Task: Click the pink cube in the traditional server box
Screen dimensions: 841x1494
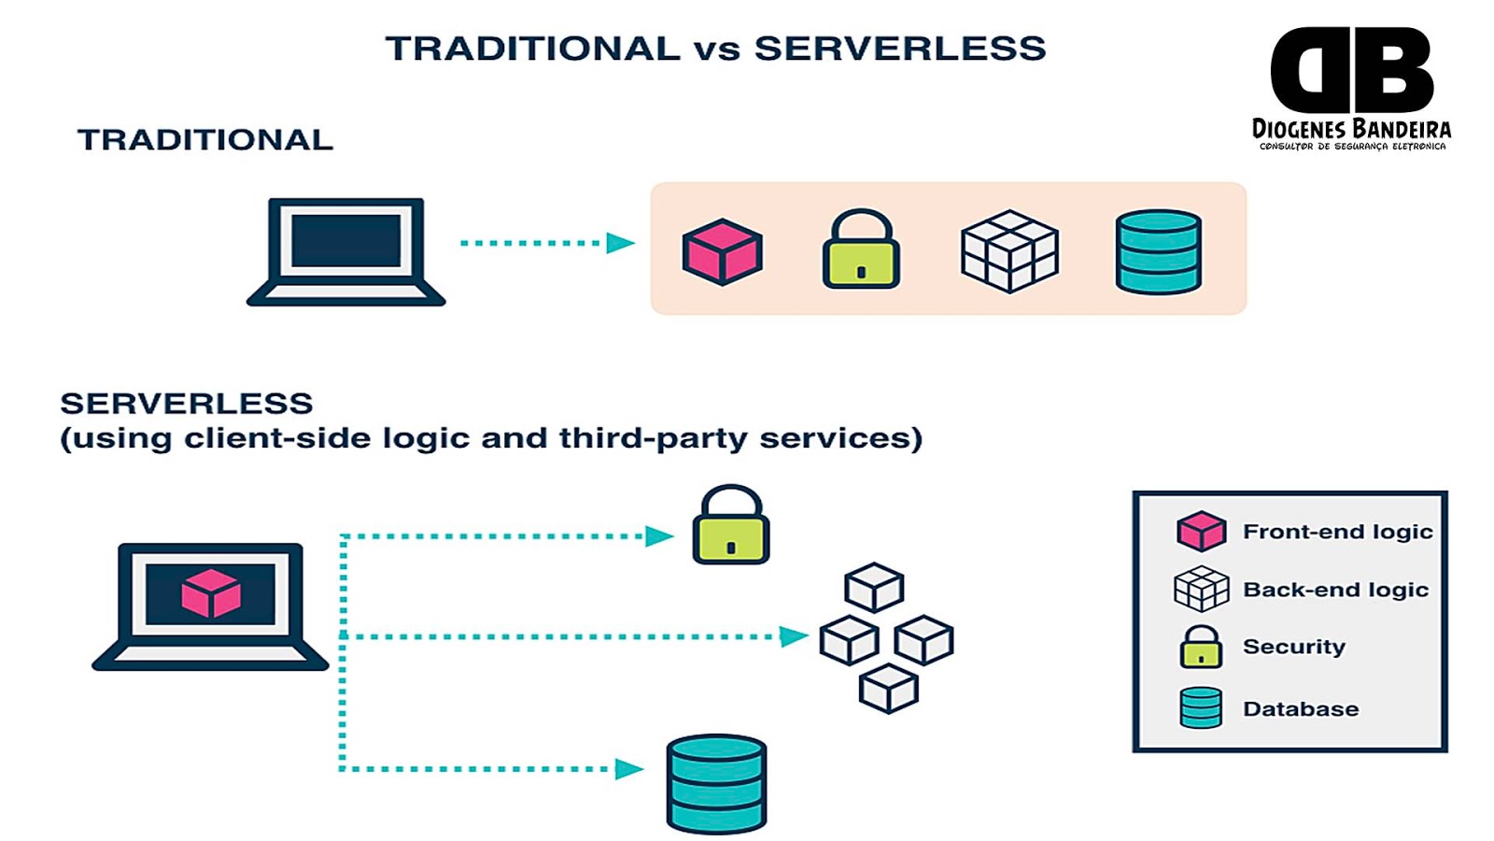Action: click(x=722, y=251)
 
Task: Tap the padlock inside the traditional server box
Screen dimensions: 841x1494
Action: click(x=861, y=250)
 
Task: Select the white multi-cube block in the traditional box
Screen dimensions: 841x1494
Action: click(x=1009, y=251)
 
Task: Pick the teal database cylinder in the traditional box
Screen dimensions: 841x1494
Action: click(x=1158, y=251)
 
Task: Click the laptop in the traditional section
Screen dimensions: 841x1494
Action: click(x=345, y=250)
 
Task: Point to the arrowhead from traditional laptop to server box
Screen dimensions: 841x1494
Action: click(x=620, y=243)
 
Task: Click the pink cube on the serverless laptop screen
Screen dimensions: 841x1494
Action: click(x=210, y=593)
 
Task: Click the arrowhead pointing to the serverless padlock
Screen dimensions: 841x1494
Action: click(x=659, y=536)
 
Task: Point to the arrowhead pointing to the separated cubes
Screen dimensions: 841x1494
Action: click(x=794, y=636)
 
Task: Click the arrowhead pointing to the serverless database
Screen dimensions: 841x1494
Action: click(x=629, y=769)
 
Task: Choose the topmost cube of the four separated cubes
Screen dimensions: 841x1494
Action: click(x=873, y=587)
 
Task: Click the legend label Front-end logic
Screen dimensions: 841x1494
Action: click(x=1337, y=532)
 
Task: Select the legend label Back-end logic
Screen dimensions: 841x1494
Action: click(x=1335, y=590)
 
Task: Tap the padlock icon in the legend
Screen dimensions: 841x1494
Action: click(x=1201, y=647)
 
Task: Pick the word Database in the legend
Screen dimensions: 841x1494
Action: click(x=1301, y=709)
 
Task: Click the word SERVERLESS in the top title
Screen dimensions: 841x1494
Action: click(x=900, y=49)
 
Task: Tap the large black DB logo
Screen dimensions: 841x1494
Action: click(x=1351, y=70)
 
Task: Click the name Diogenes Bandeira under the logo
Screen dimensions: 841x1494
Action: click(x=1351, y=129)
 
